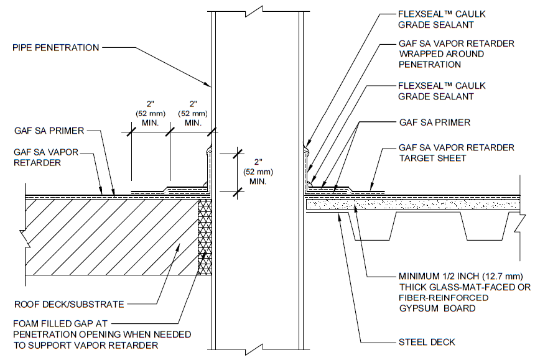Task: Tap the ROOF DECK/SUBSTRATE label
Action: pyautogui.click(x=68, y=305)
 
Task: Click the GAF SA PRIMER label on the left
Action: pyautogui.click(x=49, y=131)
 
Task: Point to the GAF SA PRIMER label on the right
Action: pyautogui.click(x=434, y=122)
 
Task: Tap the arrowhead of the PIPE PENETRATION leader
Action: pyautogui.click(x=211, y=85)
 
